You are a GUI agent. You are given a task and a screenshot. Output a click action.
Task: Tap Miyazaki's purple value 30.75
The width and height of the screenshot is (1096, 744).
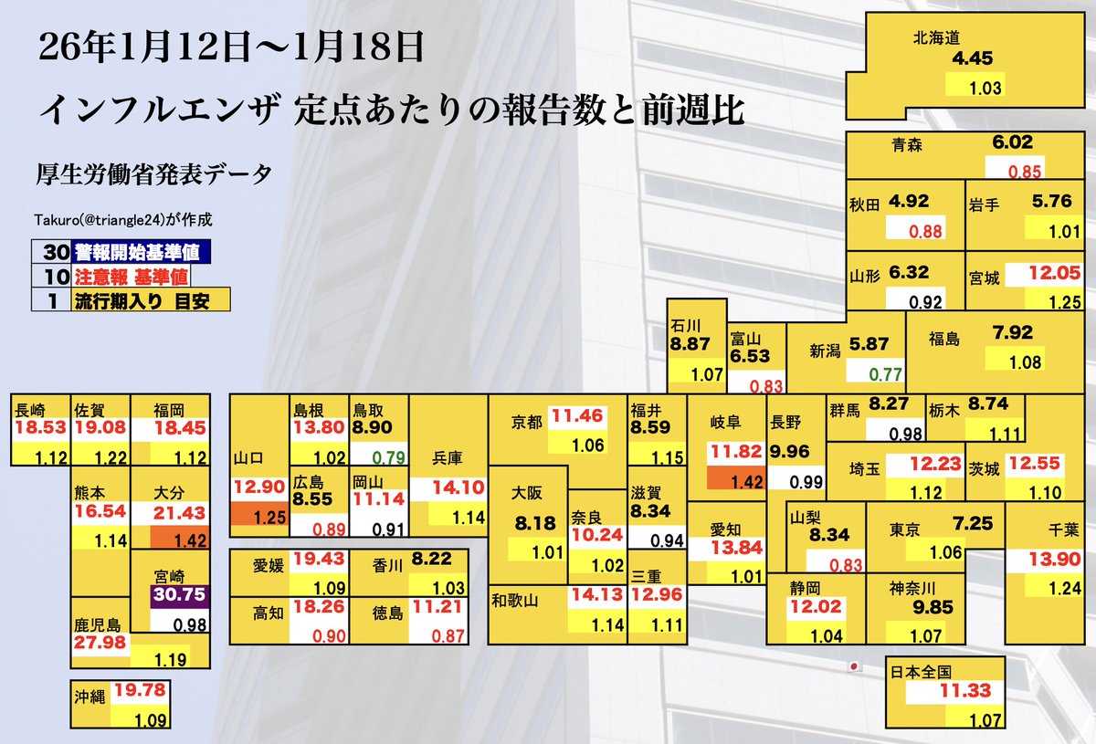[180, 599]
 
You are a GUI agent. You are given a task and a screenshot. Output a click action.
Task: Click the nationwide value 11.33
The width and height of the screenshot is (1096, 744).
[964, 692]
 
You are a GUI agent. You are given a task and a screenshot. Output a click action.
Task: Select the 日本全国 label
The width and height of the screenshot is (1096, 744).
[920, 673]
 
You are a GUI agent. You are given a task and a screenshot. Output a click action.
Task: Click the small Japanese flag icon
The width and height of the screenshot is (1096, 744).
[855, 666]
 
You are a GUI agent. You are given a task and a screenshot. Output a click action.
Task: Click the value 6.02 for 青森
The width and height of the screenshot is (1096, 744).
[1012, 142]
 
